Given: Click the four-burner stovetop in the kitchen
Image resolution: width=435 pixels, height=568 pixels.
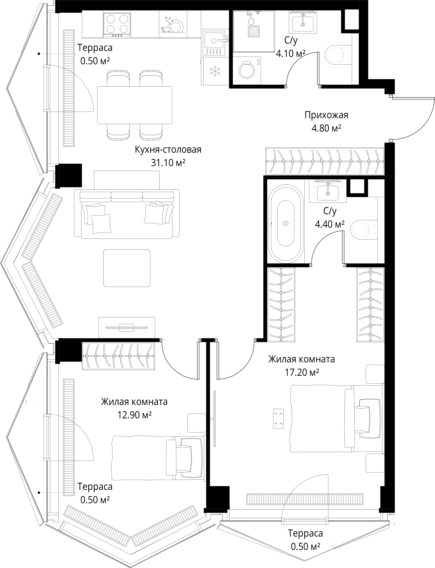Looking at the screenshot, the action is [x=117, y=24].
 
